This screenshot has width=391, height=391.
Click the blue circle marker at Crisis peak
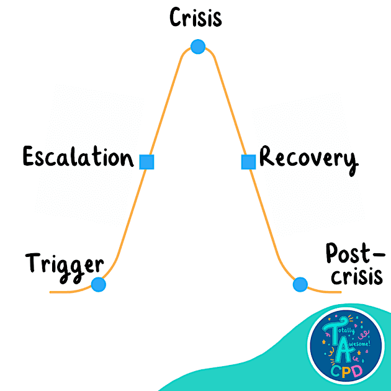point(197,47)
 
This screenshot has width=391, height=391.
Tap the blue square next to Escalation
point(146,162)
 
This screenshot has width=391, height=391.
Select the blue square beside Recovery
point(248,162)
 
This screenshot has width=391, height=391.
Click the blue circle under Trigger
point(98,284)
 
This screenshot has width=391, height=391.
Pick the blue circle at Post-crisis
point(300,284)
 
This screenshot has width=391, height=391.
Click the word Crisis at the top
point(195,18)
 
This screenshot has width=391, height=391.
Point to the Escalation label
point(78,157)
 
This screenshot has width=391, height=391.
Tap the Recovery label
point(308,159)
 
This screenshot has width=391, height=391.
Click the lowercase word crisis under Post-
point(354,276)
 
